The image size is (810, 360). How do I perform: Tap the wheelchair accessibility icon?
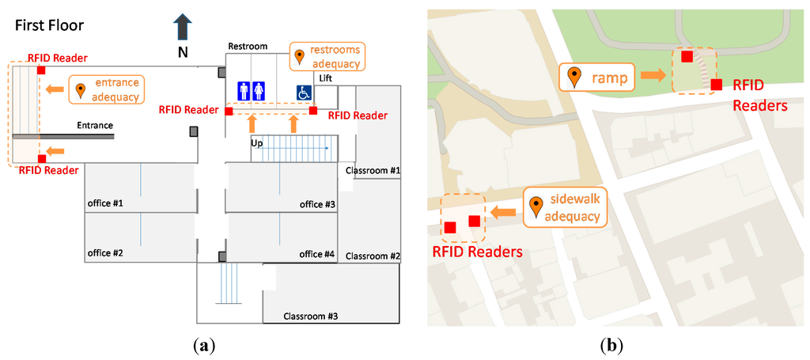(303, 93)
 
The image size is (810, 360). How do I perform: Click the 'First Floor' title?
(49, 25)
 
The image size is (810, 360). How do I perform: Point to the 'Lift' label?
(326, 78)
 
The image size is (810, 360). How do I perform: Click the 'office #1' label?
(105, 204)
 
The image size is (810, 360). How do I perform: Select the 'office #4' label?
(317, 254)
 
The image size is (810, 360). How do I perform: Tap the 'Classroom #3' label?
(311, 316)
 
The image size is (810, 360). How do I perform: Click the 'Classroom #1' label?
(373, 170)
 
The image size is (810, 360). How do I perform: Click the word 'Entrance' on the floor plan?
(95, 125)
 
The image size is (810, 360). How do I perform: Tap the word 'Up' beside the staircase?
(257, 143)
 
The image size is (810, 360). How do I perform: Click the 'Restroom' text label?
(248, 47)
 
